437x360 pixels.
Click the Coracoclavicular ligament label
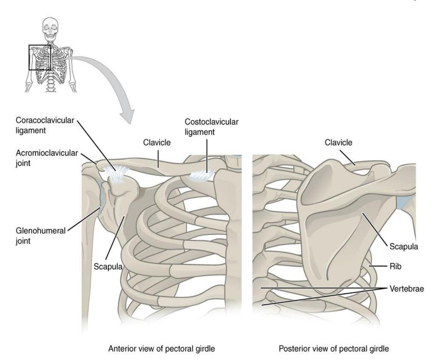click(45, 126)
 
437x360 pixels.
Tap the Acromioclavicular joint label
click(47, 158)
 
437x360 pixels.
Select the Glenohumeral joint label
click(40, 236)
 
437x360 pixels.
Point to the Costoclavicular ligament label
click(212, 127)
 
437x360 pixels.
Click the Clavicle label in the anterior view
click(157, 143)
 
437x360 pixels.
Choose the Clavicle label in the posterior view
click(338, 143)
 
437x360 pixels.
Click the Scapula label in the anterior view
click(108, 267)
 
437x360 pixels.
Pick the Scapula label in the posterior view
click(404, 247)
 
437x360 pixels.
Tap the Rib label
click(395, 266)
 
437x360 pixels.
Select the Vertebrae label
click(407, 289)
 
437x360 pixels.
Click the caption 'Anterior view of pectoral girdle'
click(161, 349)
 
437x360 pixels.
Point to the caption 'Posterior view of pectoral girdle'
click(334, 349)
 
